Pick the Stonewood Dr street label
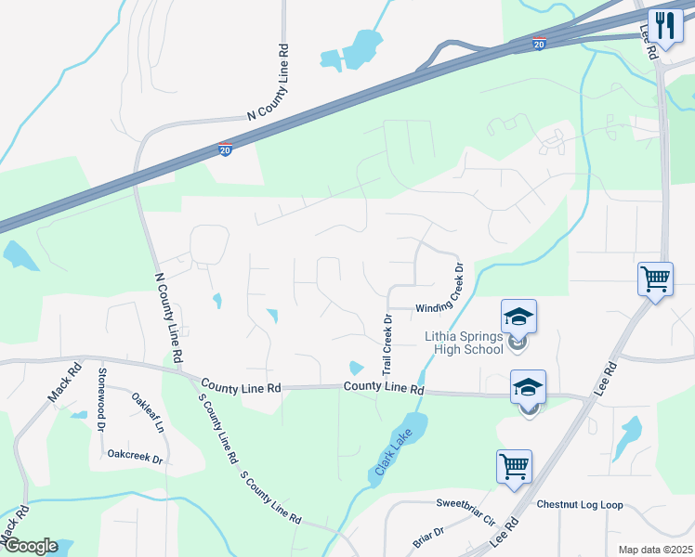[x=99, y=391]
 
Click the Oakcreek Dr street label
[x=135, y=457]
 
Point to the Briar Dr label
[x=428, y=537]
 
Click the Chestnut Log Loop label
[x=580, y=505]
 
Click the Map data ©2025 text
[x=655, y=550]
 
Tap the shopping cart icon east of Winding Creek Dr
[x=655, y=278]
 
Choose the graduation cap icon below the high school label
[x=529, y=386]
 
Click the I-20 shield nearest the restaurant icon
[x=540, y=43]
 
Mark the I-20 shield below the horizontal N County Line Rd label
[x=225, y=149]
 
